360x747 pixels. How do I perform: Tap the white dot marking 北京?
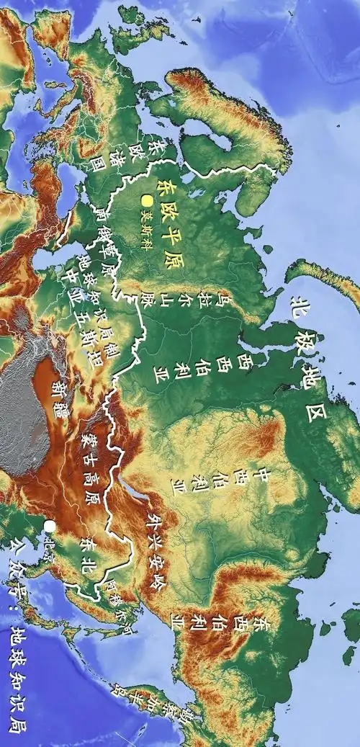49,527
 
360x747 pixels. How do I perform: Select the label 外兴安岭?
155,551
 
